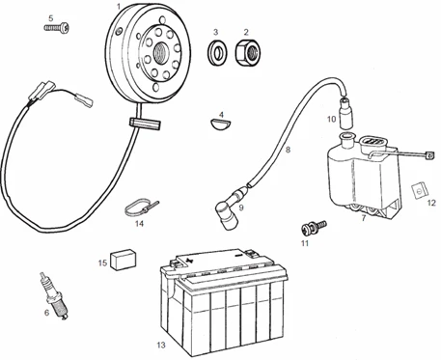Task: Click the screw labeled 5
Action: click(x=57, y=28)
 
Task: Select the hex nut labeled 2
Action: click(x=248, y=52)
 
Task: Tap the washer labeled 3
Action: click(x=217, y=52)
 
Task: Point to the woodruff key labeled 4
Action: click(x=221, y=124)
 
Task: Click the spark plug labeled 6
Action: click(x=54, y=295)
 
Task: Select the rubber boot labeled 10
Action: click(x=345, y=114)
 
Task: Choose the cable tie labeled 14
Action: click(x=141, y=209)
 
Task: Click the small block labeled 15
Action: click(x=123, y=259)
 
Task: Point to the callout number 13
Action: click(x=161, y=346)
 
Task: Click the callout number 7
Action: click(x=364, y=218)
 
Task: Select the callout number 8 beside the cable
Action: click(x=288, y=150)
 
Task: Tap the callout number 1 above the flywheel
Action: click(x=119, y=6)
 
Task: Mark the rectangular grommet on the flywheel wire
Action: click(x=145, y=124)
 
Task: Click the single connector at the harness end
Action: click(x=84, y=100)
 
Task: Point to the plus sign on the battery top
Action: click(x=190, y=260)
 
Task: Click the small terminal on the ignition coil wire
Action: click(x=428, y=155)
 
